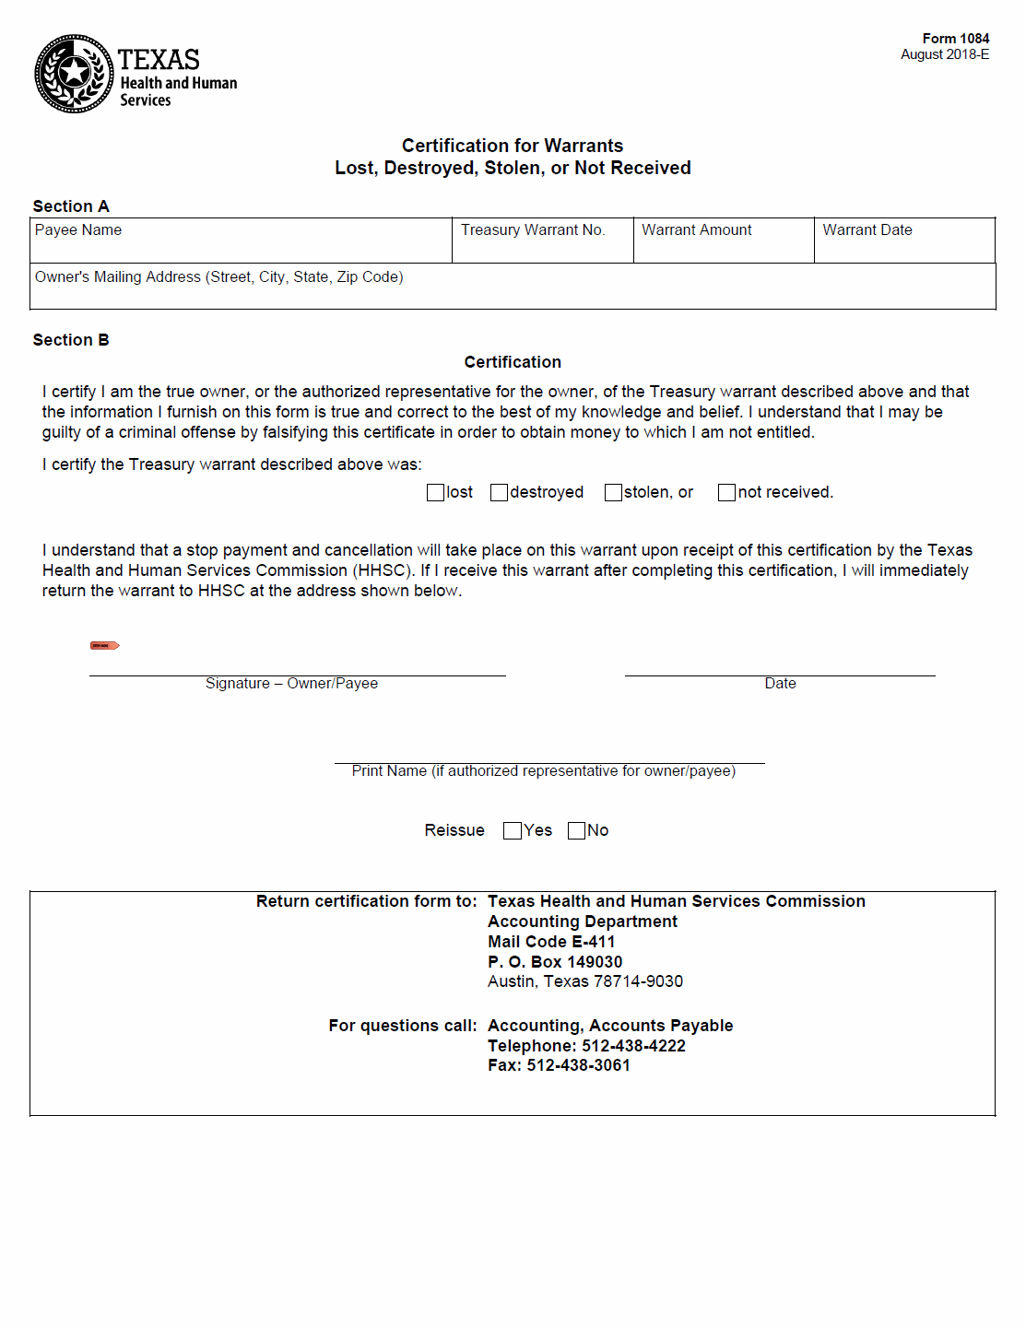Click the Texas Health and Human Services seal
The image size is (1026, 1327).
pyautogui.click(x=74, y=74)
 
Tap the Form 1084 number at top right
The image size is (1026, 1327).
pyautogui.click(x=955, y=39)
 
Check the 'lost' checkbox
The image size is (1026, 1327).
pyautogui.click(x=436, y=493)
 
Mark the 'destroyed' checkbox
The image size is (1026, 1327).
pyautogui.click(x=500, y=493)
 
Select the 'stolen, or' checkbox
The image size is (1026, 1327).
pyautogui.click(x=613, y=493)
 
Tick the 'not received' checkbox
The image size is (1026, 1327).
pyautogui.click(x=727, y=493)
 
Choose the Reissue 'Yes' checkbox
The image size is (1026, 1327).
pyautogui.click(x=513, y=831)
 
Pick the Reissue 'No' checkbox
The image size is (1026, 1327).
pyautogui.click(x=577, y=831)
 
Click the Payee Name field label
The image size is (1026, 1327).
pyautogui.click(x=78, y=230)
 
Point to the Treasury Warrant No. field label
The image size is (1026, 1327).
pyautogui.click(x=533, y=230)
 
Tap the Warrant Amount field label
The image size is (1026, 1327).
pyautogui.click(x=697, y=230)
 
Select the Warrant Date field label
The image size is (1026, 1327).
pyautogui.click(x=867, y=230)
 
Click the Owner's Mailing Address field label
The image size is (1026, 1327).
pyautogui.click(x=219, y=277)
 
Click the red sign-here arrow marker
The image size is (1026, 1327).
pyautogui.click(x=104, y=645)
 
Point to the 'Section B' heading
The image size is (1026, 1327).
pyautogui.click(x=71, y=340)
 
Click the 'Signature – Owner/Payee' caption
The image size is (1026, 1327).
pyautogui.click(x=291, y=684)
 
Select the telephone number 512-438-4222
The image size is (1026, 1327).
pyautogui.click(x=633, y=1046)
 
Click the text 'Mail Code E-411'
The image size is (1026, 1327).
pyautogui.click(x=551, y=942)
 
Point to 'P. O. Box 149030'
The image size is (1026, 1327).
pyautogui.click(x=555, y=962)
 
